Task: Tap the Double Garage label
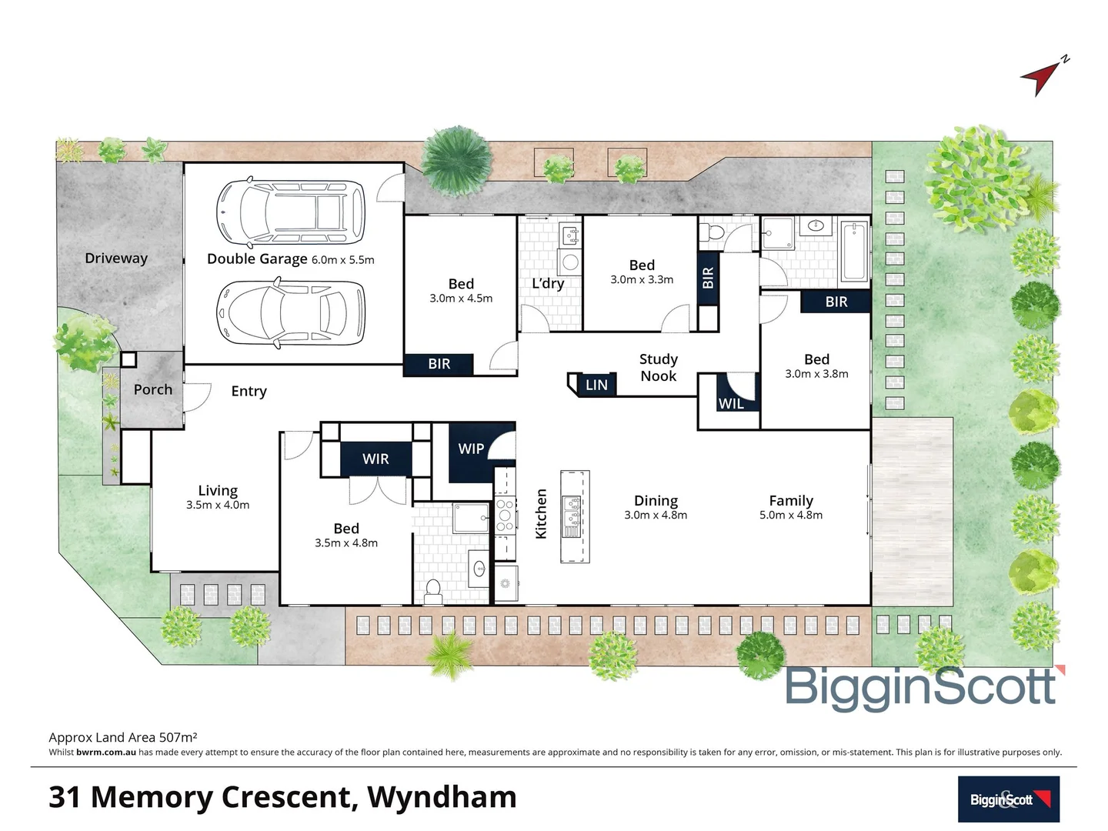[257, 259]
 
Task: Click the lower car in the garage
[291, 312]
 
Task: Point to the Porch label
[153, 389]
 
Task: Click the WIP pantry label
[471, 449]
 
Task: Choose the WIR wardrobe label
[375, 459]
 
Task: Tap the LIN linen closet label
[596, 385]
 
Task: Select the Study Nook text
[659, 368]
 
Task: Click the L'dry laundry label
[548, 283]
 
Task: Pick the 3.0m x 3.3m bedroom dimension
[642, 280]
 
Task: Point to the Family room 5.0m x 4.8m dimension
[791, 516]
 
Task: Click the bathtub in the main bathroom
[854, 251]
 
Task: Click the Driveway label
[116, 259]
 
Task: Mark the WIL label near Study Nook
[730, 404]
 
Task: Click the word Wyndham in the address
[442, 797]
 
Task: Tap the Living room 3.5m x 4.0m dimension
[218, 506]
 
